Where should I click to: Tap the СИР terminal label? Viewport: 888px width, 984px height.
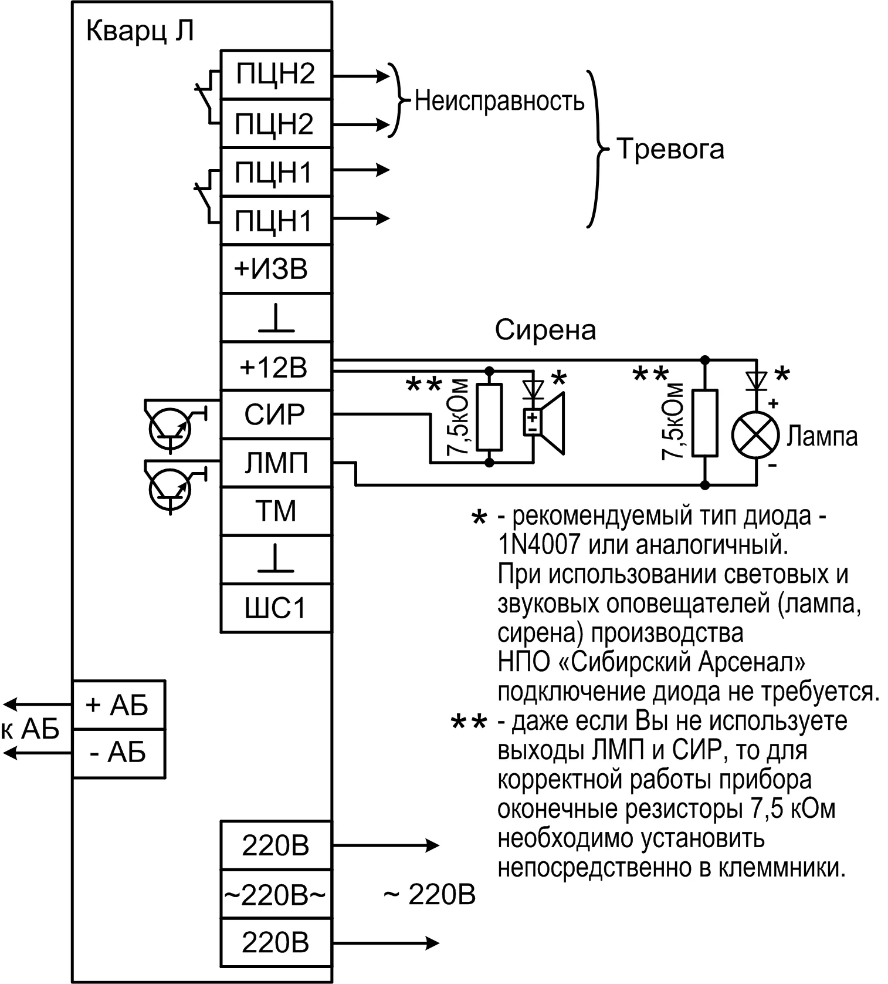pos(276,415)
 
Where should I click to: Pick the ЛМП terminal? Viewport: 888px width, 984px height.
pos(276,463)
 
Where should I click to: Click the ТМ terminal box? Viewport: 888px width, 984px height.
pos(276,511)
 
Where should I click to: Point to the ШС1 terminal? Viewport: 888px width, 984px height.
pos(276,608)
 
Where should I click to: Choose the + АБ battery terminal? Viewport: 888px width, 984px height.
pos(118,705)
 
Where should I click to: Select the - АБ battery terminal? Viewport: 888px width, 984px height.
pos(118,753)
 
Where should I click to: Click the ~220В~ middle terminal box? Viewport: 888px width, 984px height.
pos(276,895)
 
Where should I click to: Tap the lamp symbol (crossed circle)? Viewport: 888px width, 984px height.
pos(755,436)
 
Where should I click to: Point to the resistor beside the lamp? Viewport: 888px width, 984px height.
pos(705,423)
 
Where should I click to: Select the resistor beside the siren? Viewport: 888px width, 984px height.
pos(490,417)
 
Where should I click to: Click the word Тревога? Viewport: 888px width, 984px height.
pos(670,149)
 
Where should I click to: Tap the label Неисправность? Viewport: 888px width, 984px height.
pos(499,101)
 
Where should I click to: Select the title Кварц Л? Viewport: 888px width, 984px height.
pos(140,31)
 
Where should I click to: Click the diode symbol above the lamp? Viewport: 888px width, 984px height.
pos(755,380)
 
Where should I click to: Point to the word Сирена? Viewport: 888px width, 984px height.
pos(545,330)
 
